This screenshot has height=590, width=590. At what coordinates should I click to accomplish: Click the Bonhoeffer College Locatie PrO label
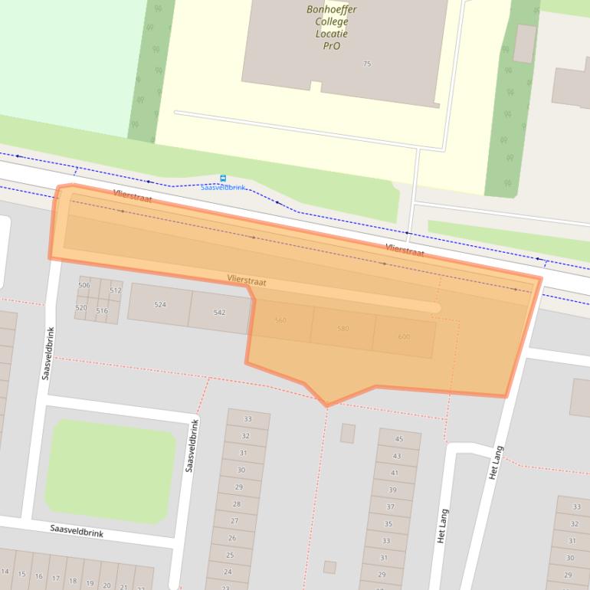pyautogui.click(x=332, y=28)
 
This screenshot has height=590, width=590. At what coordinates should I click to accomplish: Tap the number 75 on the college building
pyautogui.click(x=367, y=64)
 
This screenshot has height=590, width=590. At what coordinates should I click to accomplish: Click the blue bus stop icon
pyautogui.click(x=223, y=179)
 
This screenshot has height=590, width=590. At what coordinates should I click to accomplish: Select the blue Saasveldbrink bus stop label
pyautogui.click(x=223, y=188)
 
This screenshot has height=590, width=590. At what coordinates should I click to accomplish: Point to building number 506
pyautogui.click(x=84, y=285)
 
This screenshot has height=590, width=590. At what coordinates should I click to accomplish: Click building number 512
pyautogui.click(x=116, y=290)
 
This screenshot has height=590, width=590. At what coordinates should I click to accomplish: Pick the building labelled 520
pyautogui.click(x=81, y=307)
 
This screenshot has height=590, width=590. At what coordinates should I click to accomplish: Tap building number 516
pyautogui.click(x=102, y=310)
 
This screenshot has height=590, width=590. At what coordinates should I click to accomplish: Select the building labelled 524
pyautogui.click(x=159, y=304)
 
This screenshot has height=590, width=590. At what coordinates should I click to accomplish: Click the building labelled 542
pyautogui.click(x=219, y=313)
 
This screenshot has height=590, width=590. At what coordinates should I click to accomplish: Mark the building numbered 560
pyautogui.click(x=280, y=320)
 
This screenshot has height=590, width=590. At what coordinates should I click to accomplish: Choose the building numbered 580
pyautogui.click(x=343, y=329)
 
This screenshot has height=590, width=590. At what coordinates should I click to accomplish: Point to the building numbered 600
pyautogui.click(x=404, y=337)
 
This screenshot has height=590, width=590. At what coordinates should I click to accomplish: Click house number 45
pyautogui.click(x=398, y=439)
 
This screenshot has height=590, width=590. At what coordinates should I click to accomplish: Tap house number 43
pyautogui.click(x=396, y=456)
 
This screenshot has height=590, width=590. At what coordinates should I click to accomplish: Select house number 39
pyautogui.click(x=392, y=490)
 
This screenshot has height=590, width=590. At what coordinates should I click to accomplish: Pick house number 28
pyautogui.click(x=236, y=503)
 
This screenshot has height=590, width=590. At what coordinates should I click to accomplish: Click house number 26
pyautogui.click(x=232, y=538)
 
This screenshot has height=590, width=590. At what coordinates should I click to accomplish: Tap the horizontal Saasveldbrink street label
pyautogui.click(x=77, y=530)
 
